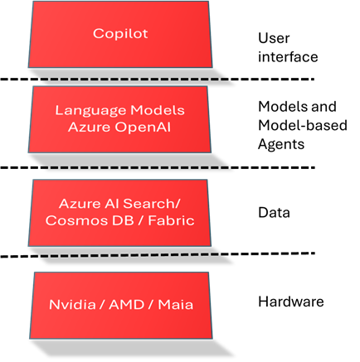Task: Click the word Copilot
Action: pos(120,34)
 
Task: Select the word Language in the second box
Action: pos(86,110)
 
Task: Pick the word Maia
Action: pos(176,305)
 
